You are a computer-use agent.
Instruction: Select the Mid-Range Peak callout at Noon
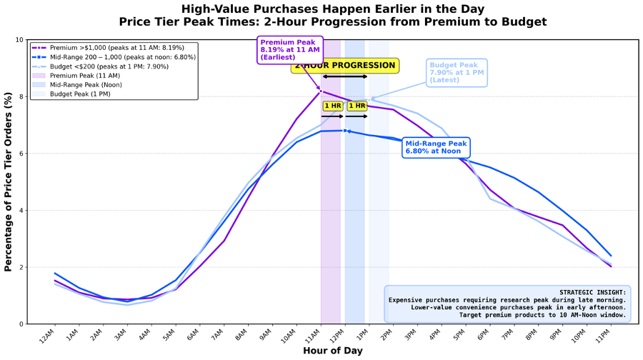click(x=436, y=147)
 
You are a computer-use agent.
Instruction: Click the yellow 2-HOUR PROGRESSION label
click(x=344, y=66)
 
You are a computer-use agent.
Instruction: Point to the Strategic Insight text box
click(x=508, y=304)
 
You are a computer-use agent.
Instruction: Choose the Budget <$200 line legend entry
click(x=114, y=66)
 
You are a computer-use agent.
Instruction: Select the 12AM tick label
click(x=46, y=334)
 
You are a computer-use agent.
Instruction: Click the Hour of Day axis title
click(x=332, y=351)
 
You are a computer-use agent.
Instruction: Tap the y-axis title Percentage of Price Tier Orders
click(x=9, y=182)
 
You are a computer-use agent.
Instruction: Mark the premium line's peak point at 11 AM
click(x=321, y=91)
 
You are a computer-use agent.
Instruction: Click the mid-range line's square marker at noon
click(x=345, y=131)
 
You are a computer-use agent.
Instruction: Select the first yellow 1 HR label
click(x=332, y=106)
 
